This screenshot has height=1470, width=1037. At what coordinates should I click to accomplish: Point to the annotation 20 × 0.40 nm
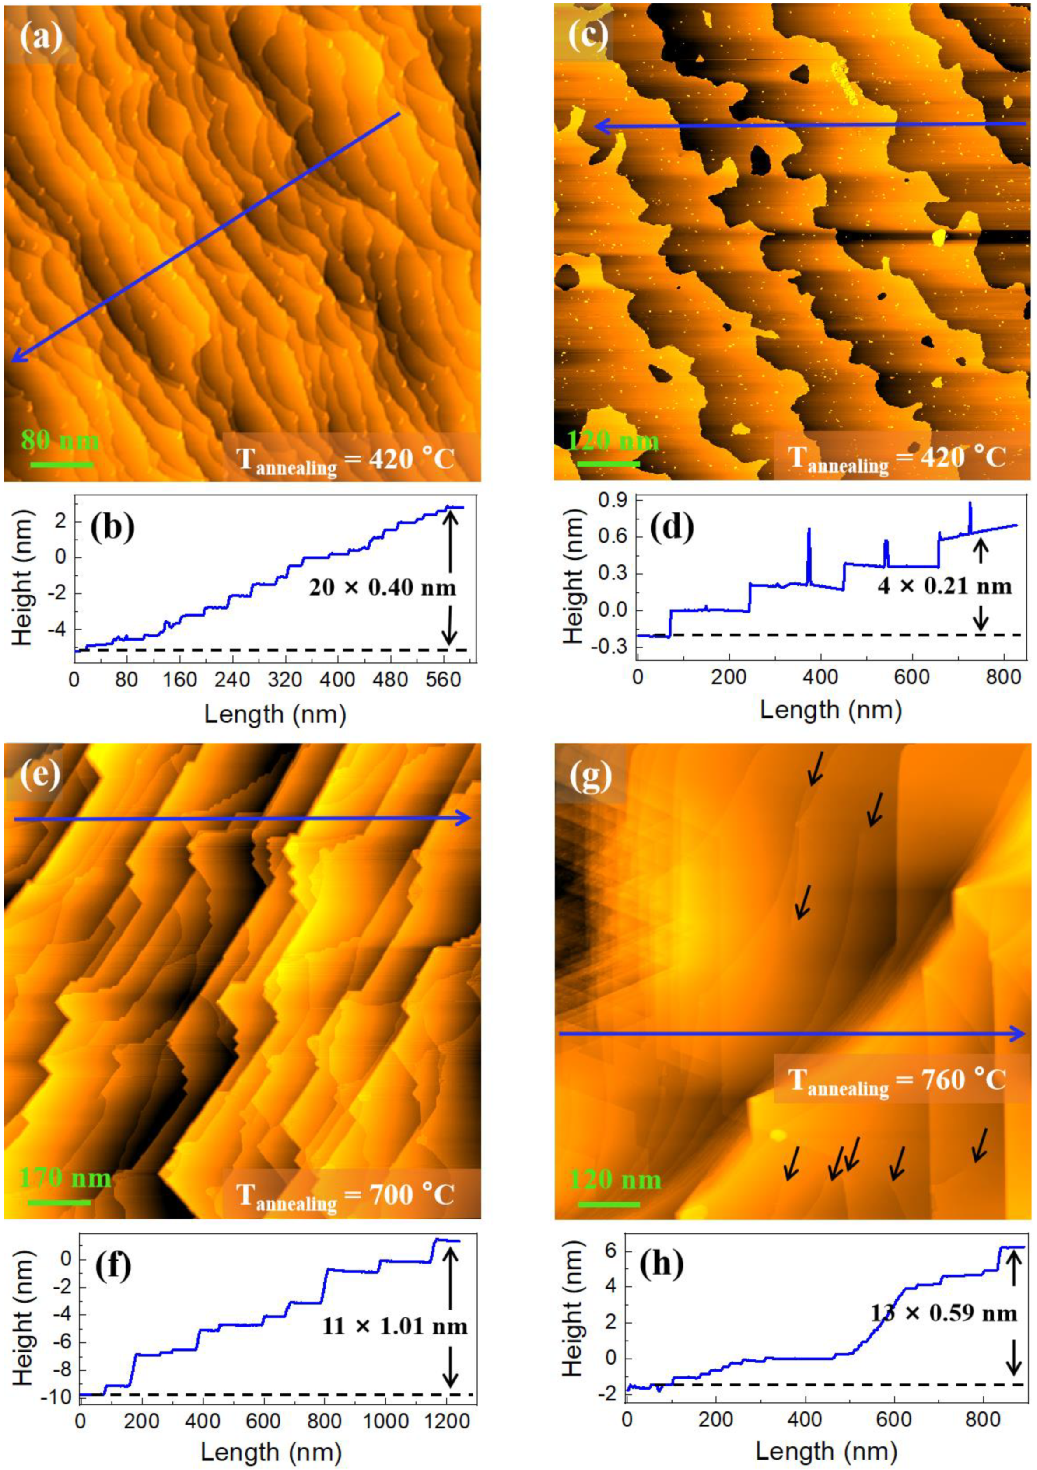pyautogui.click(x=382, y=587)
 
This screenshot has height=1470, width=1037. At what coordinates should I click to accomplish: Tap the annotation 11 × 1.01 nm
pyautogui.click(x=394, y=1324)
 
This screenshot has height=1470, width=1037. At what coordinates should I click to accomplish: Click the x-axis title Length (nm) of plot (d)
pyautogui.click(x=831, y=709)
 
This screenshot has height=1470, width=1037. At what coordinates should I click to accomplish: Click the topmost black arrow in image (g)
pyautogui.click(x=816, y=768)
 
